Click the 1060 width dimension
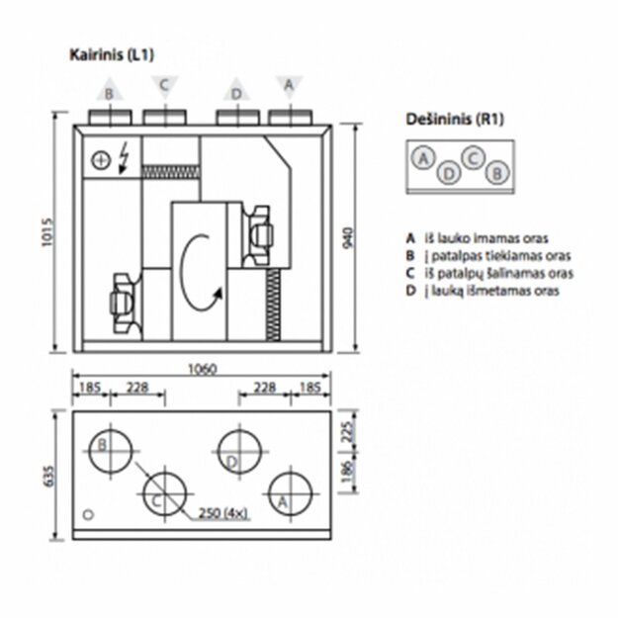[201, 368]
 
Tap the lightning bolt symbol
[124, 157]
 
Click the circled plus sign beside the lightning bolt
[100, 159]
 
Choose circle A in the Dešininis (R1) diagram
[423, 158]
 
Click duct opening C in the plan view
[165, 493]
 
